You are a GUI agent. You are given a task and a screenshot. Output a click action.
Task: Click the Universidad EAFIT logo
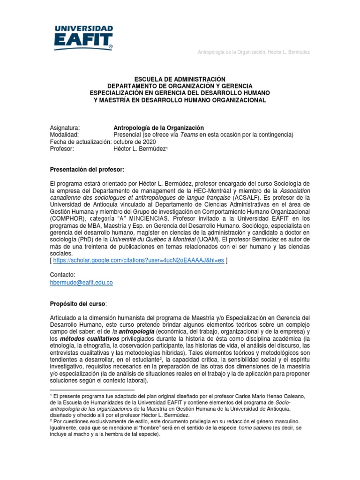84,38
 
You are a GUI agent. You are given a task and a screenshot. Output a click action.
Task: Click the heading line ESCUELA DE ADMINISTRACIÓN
180,80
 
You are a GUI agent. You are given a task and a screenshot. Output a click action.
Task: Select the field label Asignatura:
65,128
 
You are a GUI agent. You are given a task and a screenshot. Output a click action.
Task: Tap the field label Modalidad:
64,135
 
